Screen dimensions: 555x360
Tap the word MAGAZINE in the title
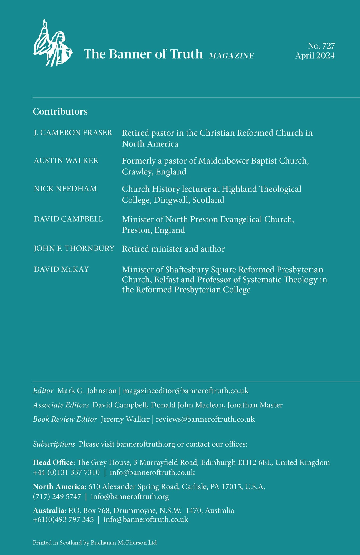(x=231, y=56)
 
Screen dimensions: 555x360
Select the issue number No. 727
(x=321, y=46)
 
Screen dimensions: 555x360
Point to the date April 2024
(x=315, y=56)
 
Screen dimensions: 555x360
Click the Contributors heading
(x=60, y=111)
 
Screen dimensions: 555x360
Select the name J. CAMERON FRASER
(x=73, y=133)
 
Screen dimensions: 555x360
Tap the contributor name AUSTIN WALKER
(x=66, y=161)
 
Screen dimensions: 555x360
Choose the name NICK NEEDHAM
(x=66, y=189)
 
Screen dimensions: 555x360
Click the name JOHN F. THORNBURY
(x=74, y=249)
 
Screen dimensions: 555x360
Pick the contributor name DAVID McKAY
(x=61, y=269)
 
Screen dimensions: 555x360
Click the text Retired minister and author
(x=173, y=249)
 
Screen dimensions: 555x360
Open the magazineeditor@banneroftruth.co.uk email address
(x=185, y=391)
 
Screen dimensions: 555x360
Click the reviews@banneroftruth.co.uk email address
(x=205, y=419)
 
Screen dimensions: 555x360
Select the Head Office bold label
(x=54, y=462)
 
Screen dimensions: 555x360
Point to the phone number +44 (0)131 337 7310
(x=66, y=472)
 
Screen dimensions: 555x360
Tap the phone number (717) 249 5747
(x=57, y=496)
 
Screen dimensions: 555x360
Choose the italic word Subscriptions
(x=54, y=444)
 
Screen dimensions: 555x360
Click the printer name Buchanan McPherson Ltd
(x=124, y=543)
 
